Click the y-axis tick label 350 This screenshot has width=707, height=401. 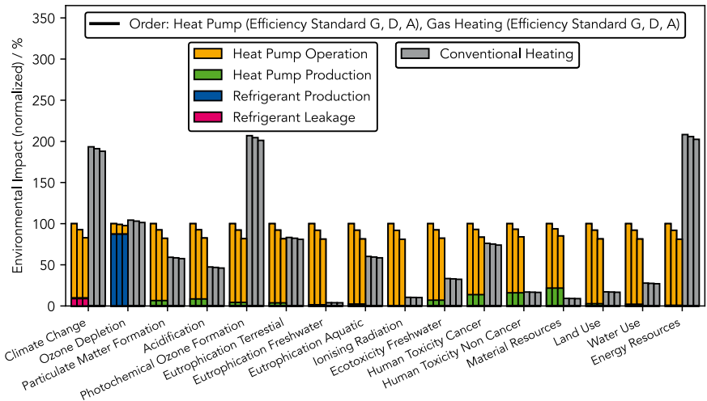point(47,19)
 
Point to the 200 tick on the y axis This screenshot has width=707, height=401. point(47,141)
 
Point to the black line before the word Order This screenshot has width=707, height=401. point(105,23)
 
